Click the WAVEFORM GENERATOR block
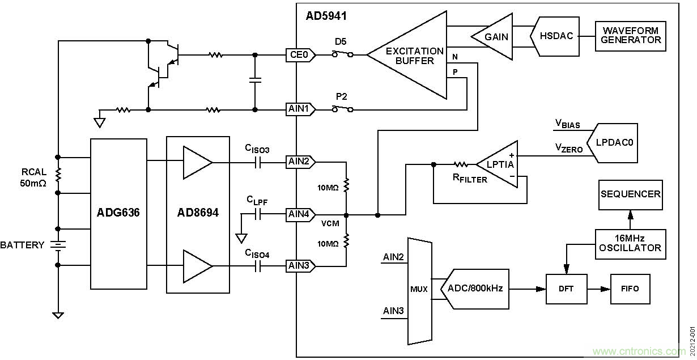tap(630, 36)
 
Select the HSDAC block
tap(556, 36)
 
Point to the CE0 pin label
tap(299, 55)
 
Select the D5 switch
tap(342, 54)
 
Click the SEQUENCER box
tap(630, 194)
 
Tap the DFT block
tap(566, 289)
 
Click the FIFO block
tap(630, 289)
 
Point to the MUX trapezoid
tap(419, 289)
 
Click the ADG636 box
tap(118, 214)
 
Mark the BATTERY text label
tap(22, 245)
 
